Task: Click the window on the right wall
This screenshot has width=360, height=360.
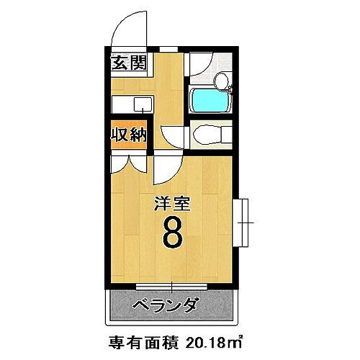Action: coord(243,222)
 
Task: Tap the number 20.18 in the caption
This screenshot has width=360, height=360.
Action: coord(209,340)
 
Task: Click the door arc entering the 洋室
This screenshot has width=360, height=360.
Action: coord(164,170)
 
